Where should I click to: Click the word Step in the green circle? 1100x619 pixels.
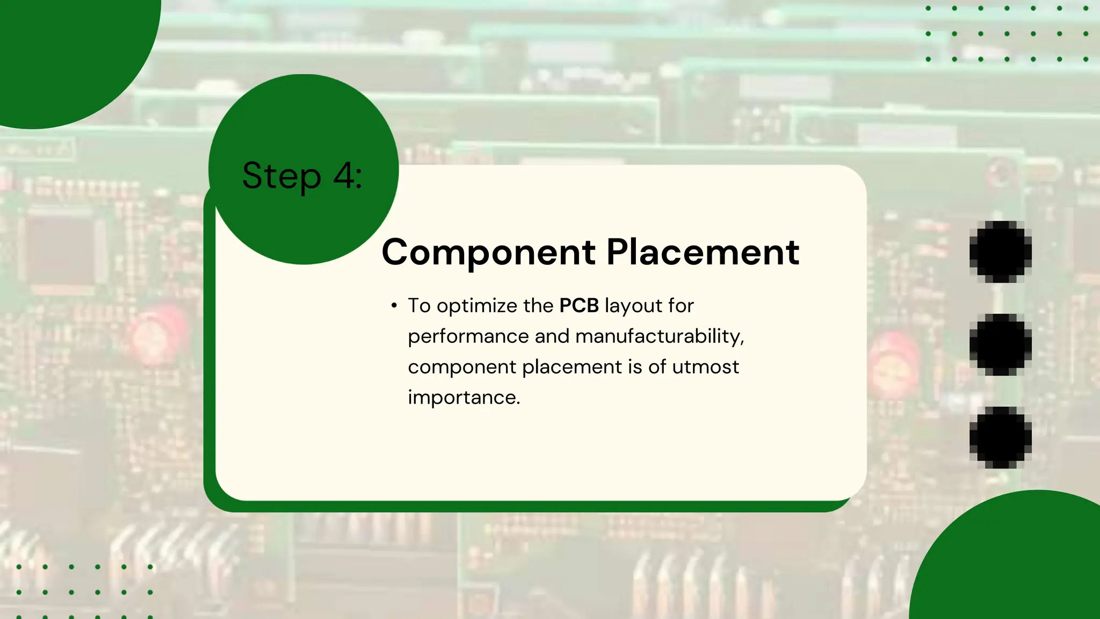(281, 176)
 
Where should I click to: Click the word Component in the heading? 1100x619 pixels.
(488, 253)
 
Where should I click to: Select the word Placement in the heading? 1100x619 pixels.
(703, 252)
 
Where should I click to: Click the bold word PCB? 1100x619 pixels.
(578, 306)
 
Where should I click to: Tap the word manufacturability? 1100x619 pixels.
(660, 336)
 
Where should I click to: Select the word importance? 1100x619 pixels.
(464, 398)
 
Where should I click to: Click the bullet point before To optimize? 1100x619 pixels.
(394, 306)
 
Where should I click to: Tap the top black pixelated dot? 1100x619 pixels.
(1000, 251)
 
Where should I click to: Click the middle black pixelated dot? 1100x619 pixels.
(1000, 344)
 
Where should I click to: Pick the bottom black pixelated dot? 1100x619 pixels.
(1000, 437)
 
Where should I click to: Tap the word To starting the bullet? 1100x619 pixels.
(419, 306)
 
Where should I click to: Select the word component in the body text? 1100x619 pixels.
(461, 368)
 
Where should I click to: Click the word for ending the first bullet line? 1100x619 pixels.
(681, 306)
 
